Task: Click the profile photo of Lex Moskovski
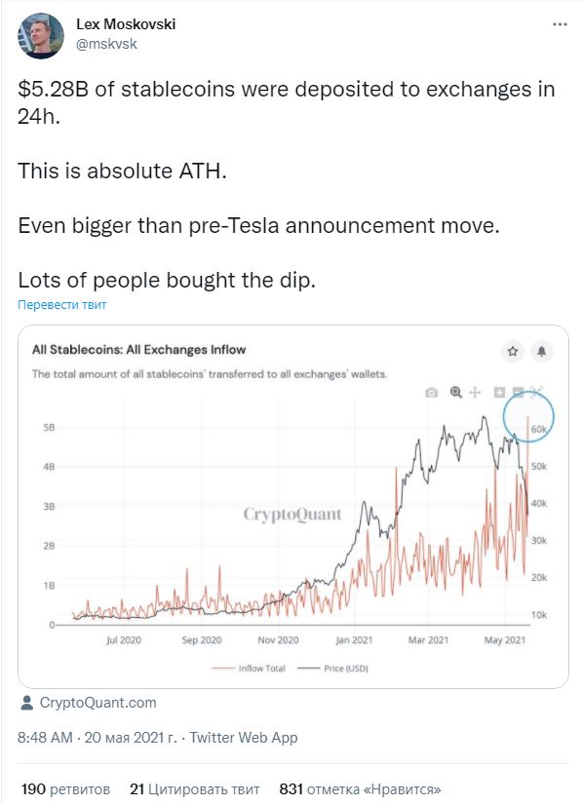tap(41, 36)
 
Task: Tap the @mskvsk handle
tap(106, 44)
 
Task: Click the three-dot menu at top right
tap(560, 24)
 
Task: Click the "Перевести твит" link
tap(62, 304)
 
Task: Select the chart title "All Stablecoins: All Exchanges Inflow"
tap(138, 350)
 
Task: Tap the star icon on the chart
tap(513, 351)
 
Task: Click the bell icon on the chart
tap(541, 351)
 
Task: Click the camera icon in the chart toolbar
tap(432, 393)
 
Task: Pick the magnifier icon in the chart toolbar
tap(455, 392)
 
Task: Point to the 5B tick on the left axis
tap(49, 427)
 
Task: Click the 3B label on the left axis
tap(49, 506)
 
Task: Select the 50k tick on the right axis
tap(539, 466)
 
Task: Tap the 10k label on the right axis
tap(539, 615)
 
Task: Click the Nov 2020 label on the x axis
tap(278, 640)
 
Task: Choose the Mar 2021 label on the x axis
tap(428, 640)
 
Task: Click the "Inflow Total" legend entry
tap(249, 669)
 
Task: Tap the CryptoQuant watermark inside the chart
tap(292, 514)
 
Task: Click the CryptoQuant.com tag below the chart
tap(89, 703)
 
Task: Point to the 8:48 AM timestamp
tap(45, 738)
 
